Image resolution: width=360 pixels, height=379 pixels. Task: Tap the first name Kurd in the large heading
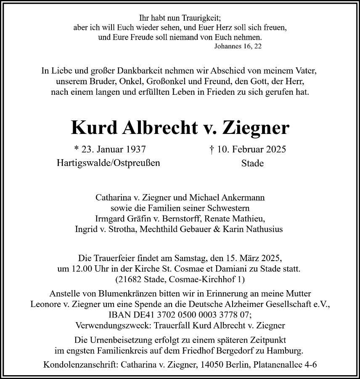pyautogui.click(x=94, y=127)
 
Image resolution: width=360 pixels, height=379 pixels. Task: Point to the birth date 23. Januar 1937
pyautogui.click(x=111, y=149)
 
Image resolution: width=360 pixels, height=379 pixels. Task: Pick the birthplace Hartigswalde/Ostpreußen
pyautogui.click(x=108, y=163)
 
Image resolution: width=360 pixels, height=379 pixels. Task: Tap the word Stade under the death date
pyautogui.click(x=252, y=163)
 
